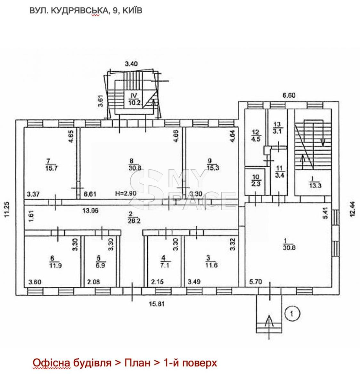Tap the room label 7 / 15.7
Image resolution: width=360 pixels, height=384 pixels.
coord(51,164)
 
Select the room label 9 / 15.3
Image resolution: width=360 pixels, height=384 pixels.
coord(213,164)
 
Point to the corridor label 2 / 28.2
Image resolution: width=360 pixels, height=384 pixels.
coord(134,217)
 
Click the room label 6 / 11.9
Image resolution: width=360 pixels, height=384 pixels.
coord(55,262)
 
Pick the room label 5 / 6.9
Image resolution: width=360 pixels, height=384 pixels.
coord(100,262)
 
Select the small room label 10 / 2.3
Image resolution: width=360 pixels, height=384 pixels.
coord(256,180)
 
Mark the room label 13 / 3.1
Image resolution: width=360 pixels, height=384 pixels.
coord(278,128)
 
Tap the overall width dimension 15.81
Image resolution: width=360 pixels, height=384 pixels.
coord(157,304)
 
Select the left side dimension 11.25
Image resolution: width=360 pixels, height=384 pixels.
coord(7,212)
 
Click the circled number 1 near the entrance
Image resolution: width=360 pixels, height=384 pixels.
coord(292,313)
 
